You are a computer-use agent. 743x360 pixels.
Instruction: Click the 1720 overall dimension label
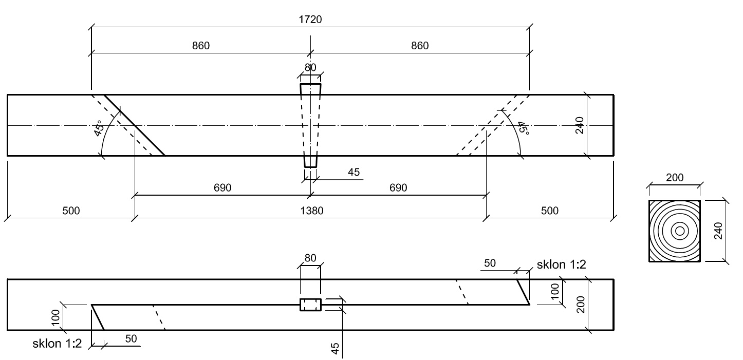[x=311, y=20]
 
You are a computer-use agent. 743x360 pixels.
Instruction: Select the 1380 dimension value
[x=310, y=211]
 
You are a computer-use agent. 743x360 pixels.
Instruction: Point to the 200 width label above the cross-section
[x=675, y=178]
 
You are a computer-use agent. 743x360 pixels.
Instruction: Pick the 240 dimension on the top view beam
[x=580, y=125]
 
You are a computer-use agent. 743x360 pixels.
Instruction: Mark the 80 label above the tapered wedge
[x=310, y=67]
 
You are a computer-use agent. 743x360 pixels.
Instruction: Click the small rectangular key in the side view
[x=310, y=305]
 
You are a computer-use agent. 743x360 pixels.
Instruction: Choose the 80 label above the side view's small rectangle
[x=310, y=259]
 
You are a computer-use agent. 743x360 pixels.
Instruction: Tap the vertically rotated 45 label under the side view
[x=335, y=348]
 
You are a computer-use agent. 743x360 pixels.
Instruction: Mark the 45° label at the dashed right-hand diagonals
[x=523, y=127]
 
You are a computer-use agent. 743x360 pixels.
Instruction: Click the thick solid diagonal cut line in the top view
[x=135, y=125]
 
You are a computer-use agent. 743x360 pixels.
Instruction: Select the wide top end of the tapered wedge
[x=310, y=84]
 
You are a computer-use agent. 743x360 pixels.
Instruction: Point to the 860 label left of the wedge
[x=201, y=46]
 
